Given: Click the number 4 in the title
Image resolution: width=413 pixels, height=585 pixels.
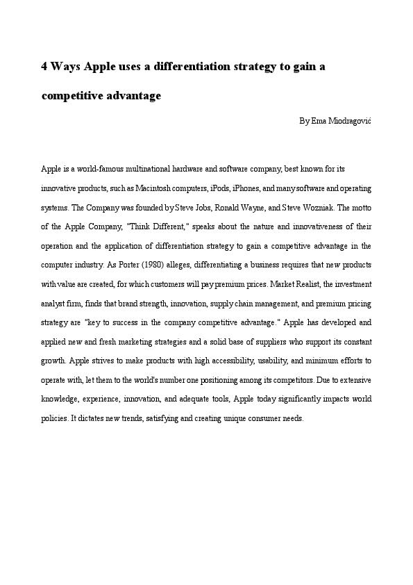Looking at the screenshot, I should tap(44, 67).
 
